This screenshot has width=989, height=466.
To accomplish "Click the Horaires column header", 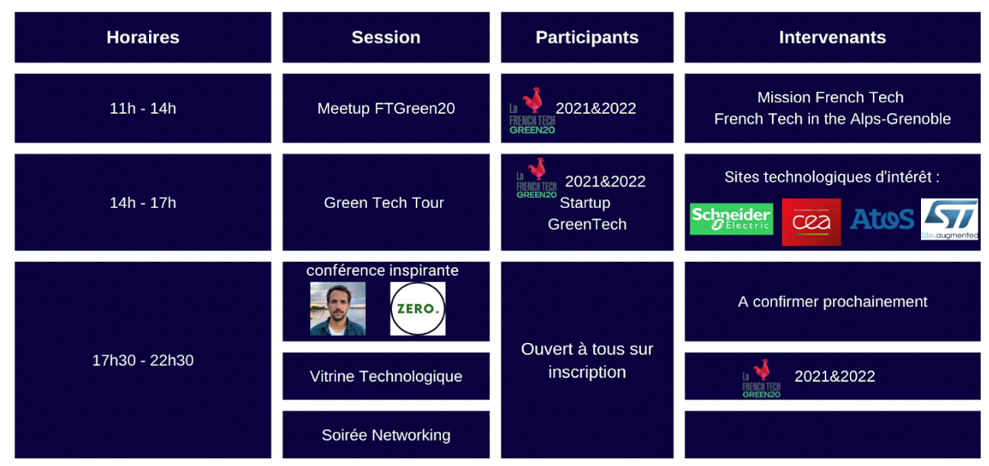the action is [x=143, y=37].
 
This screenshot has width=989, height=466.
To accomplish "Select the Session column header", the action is [x=386, y=37].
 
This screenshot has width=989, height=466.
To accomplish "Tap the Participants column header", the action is [x=587, y=37].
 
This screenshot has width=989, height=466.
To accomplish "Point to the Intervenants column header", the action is [x=832, y=37].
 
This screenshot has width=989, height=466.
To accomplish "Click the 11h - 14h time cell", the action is [x=143, y=108].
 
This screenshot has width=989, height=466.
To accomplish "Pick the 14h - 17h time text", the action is [x=143, y=202].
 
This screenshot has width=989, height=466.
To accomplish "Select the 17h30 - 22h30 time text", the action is [x=143, y=360].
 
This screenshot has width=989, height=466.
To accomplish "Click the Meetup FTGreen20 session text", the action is [x=386, y=108].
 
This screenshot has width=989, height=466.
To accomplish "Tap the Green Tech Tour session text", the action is [x=384, y=202].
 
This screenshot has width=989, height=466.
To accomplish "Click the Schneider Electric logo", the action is [x=731, y=219].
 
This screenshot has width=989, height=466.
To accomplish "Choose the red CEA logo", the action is [x=811, y=222].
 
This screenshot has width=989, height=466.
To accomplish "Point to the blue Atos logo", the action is [x=882, y=219].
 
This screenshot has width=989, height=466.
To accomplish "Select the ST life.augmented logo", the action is [x=949, y=219].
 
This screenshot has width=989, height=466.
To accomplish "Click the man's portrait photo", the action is [x=338, y=309].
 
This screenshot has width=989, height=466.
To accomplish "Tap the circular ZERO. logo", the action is [x=417, y=309].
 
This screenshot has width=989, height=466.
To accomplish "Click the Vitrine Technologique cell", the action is [x=386, y=376].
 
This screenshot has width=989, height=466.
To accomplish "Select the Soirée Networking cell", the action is [x=386, y=435].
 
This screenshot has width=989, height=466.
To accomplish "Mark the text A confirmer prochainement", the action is [x=832, y=302].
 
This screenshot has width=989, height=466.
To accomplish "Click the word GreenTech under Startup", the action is [x=587, y=224].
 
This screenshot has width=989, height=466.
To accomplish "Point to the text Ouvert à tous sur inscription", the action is [x=587, y=360].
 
